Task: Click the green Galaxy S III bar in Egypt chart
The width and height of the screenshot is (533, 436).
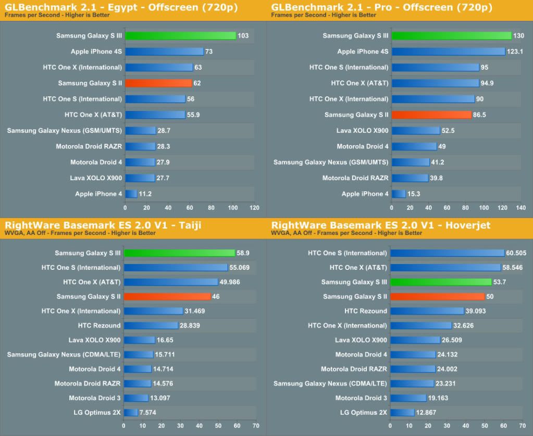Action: point(180,36)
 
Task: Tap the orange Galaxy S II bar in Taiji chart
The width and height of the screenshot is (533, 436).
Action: point(167,296)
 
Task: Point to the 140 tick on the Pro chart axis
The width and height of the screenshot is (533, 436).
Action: point(520,207)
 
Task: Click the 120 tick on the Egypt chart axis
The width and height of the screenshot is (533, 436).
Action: point(254,207)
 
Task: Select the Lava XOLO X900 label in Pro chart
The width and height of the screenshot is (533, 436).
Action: point(362,131)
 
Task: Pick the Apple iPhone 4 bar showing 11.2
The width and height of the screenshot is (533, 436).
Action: point(131,194)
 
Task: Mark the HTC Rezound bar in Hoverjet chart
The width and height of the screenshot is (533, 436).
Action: point(427,311)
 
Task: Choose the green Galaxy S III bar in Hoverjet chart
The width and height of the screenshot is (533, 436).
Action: point(441,282)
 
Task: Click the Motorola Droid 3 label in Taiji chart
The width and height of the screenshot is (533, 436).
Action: point(94,398)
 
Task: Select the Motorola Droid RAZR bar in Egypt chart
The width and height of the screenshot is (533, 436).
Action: point(140,146)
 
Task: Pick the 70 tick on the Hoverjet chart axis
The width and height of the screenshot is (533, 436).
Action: point(522,426)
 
